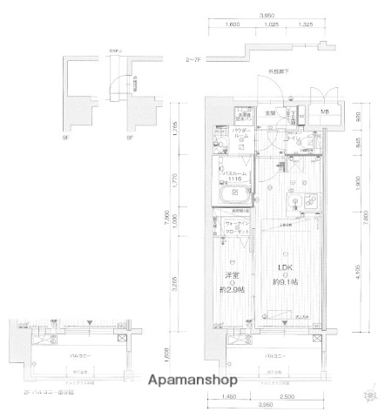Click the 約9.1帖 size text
(x=284, y=283)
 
